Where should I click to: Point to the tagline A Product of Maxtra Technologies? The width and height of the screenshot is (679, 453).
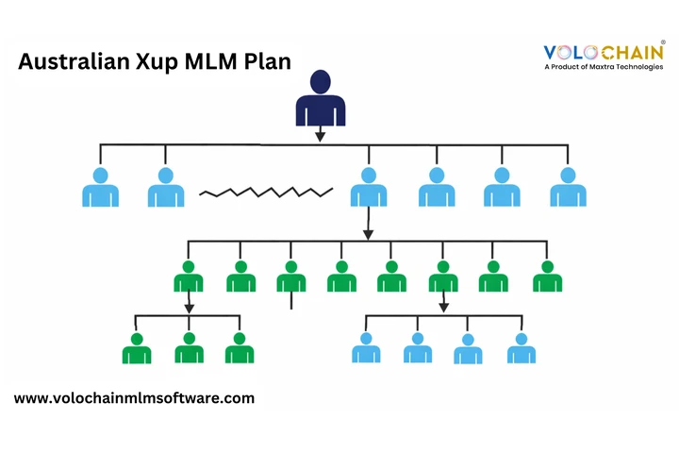(604, 67)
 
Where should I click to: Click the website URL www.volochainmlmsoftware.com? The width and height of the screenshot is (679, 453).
(134, 398)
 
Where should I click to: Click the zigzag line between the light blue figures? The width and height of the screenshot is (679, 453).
(266, 193)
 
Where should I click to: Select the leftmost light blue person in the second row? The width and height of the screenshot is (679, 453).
(100, 188)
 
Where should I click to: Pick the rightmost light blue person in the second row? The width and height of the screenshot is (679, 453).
(568, 188)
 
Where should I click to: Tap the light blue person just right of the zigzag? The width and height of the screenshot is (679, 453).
(369, 188)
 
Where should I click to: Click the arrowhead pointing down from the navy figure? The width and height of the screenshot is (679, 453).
(321, 137)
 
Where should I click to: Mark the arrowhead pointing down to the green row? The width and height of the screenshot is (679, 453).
(369, 235)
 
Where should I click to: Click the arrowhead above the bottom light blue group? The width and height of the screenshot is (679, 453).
(443, 307)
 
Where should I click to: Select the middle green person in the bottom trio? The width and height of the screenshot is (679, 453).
(189, 348)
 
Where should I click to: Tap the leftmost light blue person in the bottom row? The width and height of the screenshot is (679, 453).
(366, 348)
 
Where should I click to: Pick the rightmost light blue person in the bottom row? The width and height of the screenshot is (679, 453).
(522, 348)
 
